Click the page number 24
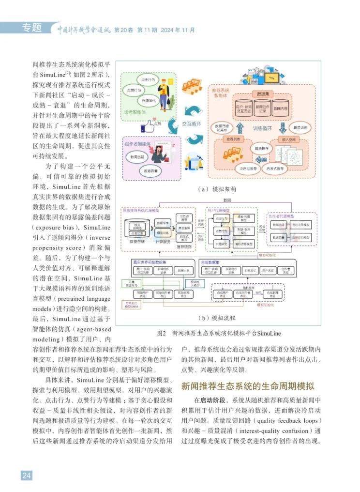tap(26, 475)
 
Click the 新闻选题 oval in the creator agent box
tap(133, 157)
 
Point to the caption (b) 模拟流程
tap(221, 318)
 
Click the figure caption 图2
tap(162, 334)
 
